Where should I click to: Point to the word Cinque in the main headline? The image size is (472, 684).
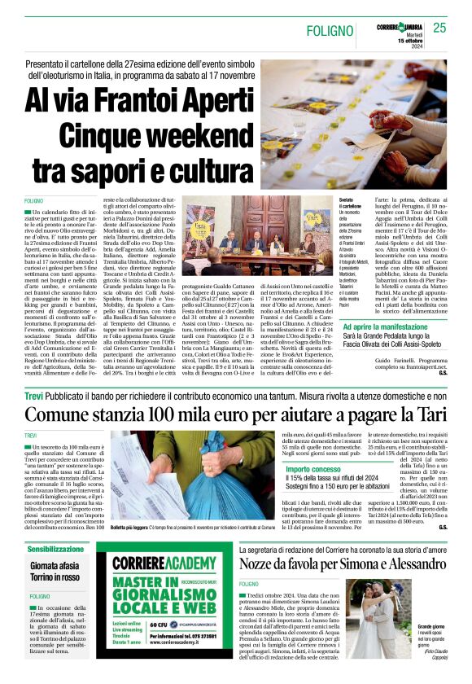107,136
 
